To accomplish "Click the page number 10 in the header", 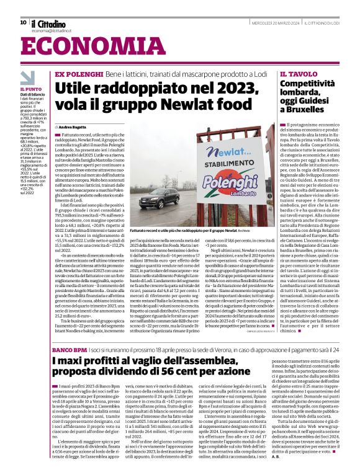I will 23,22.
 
